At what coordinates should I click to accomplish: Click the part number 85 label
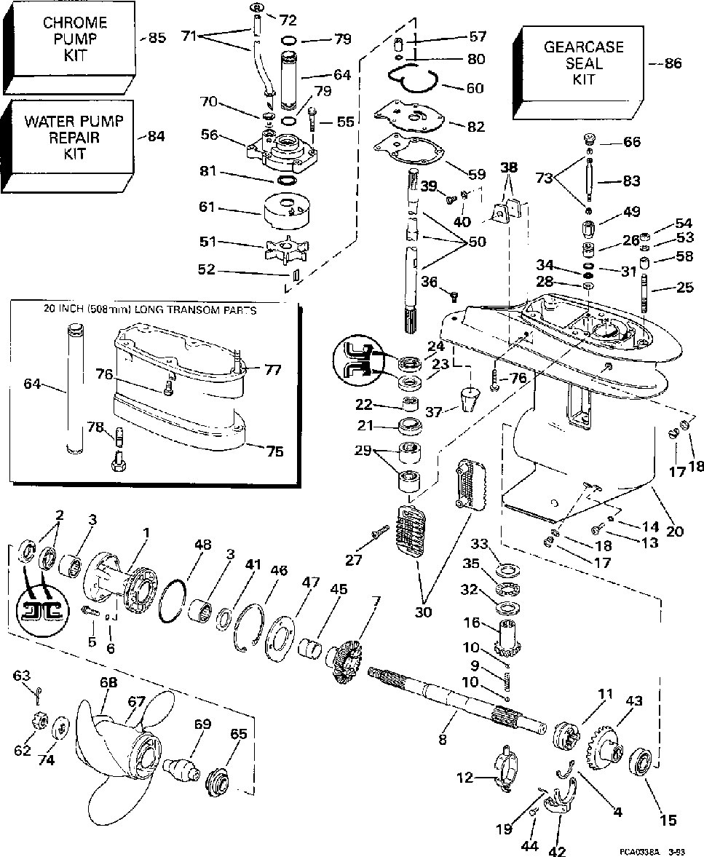(157, 38)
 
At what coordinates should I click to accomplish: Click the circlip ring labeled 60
(411, 79)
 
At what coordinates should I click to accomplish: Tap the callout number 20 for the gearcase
(675, 532)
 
